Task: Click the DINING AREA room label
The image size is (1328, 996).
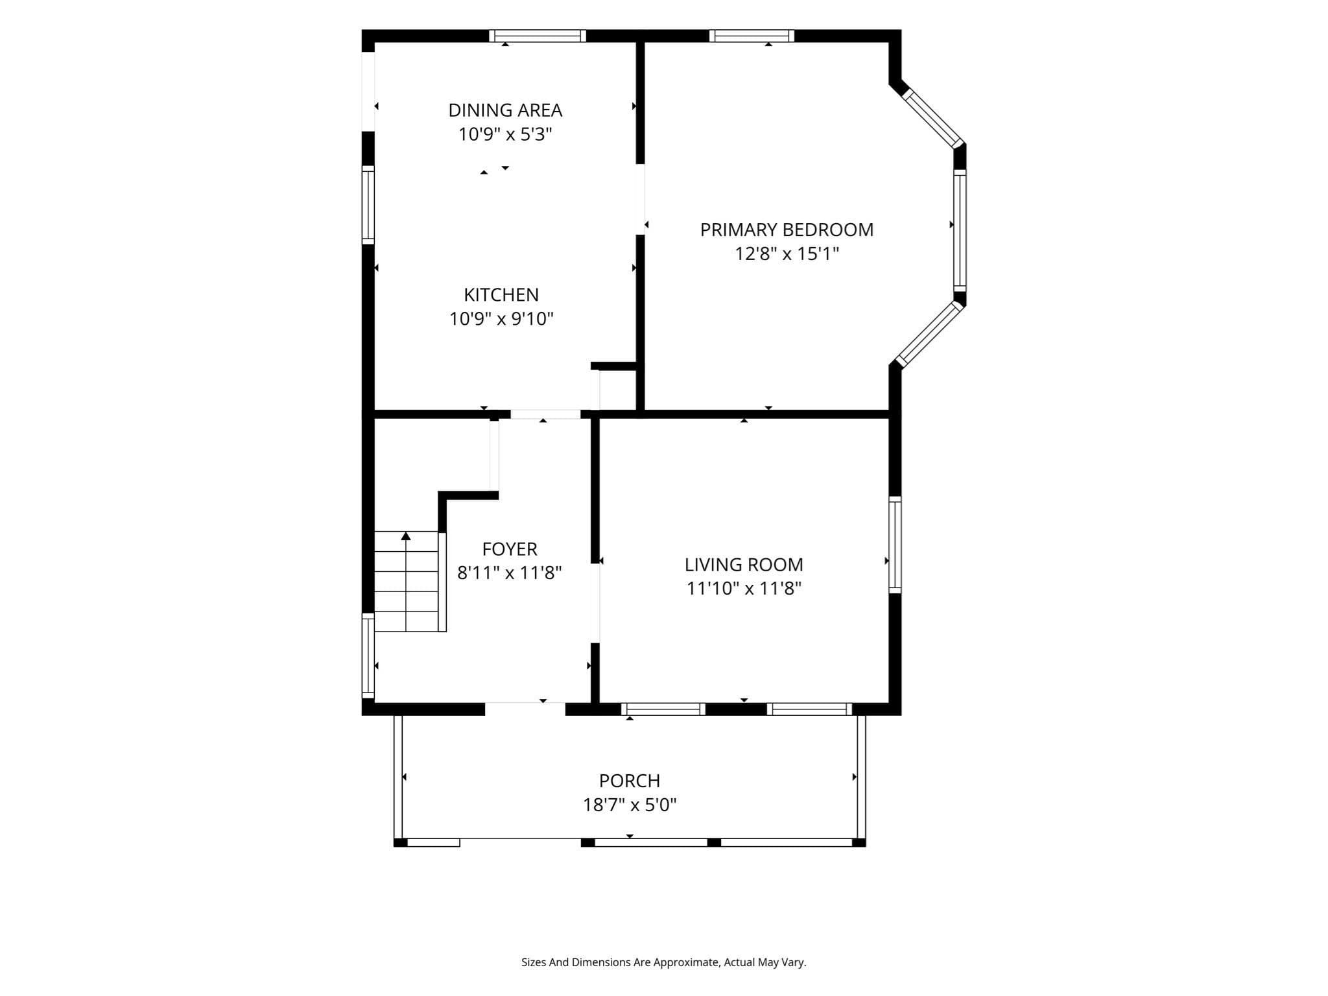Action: click(505, 110)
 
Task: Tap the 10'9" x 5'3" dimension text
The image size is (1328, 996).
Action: click(505, 134)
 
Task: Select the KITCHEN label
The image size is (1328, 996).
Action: click(501, 294)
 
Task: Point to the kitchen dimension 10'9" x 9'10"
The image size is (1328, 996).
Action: click(501, 318)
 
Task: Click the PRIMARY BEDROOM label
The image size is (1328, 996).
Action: click(787, 230)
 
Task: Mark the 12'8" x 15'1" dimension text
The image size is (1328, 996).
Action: click(787, 254)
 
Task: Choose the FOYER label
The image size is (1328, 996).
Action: click(510, 549)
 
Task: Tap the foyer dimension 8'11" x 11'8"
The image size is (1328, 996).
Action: click(510, 573)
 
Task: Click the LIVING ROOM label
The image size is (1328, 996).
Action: click(744, 565)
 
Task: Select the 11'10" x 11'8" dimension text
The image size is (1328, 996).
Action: click(744, 589)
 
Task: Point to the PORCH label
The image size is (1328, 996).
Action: click(630, 781)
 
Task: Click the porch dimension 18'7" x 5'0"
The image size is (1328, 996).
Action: click(630, 805)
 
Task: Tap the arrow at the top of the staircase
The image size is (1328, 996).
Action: click(406, 536)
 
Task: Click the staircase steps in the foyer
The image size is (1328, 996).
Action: click(407, 582)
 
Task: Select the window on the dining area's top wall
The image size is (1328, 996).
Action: click(538, 36)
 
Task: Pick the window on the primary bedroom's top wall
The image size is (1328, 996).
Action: click(752, 36)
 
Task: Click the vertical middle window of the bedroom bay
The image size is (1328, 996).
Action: click(960, 230)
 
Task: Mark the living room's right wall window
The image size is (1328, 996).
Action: click(895, 545)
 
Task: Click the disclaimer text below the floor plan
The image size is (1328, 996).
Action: click(663, 962)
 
